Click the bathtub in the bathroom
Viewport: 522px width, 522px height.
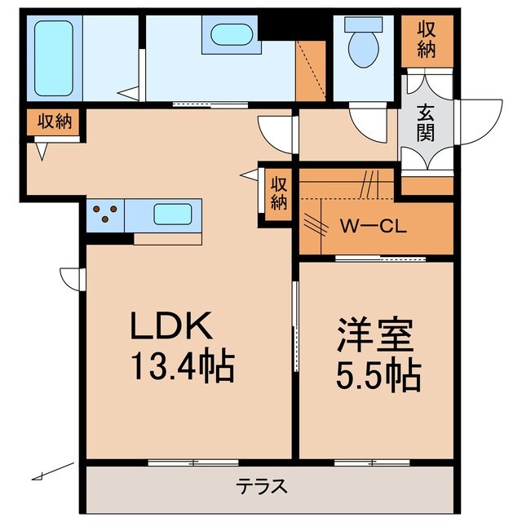pyautogui.click(x=54, y=57)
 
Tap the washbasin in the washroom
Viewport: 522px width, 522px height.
pyautogui.click(x=232, y=36)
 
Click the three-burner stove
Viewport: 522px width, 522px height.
pyautogui.click(x=105, y=215)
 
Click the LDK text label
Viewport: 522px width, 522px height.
pyautogui.click(x=173, y=326)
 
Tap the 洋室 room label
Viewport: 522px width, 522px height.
pyautogui.click(x=375, y=335)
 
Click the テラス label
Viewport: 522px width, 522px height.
pyautogui.click(x=262, y=487)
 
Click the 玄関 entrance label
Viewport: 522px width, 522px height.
pyautogui.click(x=426, y=122)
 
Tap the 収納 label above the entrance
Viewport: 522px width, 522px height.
pyautogui.click(x=426, y=38)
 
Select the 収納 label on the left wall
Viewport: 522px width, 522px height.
pyautogui.click(x=54, y=122)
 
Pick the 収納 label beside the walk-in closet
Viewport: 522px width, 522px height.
pyautogui.click(x=279, y=192)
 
